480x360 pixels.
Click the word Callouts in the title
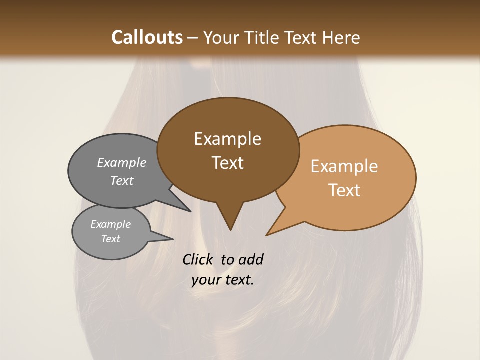[147, 37]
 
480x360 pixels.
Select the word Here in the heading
[340, 37]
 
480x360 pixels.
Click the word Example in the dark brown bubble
[227, 139]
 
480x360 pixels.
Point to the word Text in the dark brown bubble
[228, 163]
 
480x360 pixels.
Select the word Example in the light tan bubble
[344, 166]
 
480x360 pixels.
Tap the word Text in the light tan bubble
[345, 190]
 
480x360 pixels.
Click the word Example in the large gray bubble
[122, 163]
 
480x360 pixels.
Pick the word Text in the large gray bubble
[122, 180]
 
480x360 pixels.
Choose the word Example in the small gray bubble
[110, 224]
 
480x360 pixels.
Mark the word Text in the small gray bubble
[111, 239]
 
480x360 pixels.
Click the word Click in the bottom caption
[198, 259]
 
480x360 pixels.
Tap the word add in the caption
[251, 259]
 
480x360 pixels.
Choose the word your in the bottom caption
[206, 280]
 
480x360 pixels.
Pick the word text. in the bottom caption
[238, 280]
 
